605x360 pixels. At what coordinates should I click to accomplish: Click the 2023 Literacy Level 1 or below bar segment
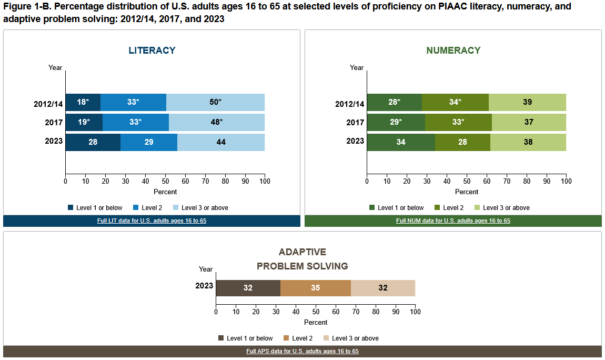click(x=93, y=142)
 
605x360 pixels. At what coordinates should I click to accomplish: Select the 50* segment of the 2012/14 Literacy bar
click(x=215, y=102)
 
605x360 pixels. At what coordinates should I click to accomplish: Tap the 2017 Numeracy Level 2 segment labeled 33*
click(x=458, y=122)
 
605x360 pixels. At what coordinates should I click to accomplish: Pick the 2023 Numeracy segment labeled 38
click(x=528, y=142)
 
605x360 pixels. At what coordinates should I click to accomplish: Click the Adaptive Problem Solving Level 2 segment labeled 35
click(x=316, y=288)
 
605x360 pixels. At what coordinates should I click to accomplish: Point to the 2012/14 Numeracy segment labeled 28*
click(x=395, y=102)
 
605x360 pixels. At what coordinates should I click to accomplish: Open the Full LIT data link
click(x=152, y=221)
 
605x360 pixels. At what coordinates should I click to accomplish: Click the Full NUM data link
click(x=453, y=221)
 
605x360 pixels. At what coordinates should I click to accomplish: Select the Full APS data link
click(x=302, y=351)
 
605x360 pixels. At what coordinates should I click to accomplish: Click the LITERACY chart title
click(x=152, y=51)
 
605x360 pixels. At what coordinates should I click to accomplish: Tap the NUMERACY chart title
click(x=453, y=51)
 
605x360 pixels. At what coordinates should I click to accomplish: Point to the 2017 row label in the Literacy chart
click(x=54, y=122)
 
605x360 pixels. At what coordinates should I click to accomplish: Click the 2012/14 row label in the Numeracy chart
click(x=349, y=104)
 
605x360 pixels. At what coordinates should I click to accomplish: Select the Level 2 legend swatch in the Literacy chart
click(x=136, y=207)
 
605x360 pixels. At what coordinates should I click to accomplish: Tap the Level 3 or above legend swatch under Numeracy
click(x=477, y=207)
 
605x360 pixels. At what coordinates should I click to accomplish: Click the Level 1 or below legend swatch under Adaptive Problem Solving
click(x=221, y=338)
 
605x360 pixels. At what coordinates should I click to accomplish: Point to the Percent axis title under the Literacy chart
click(x=165, y=192)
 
